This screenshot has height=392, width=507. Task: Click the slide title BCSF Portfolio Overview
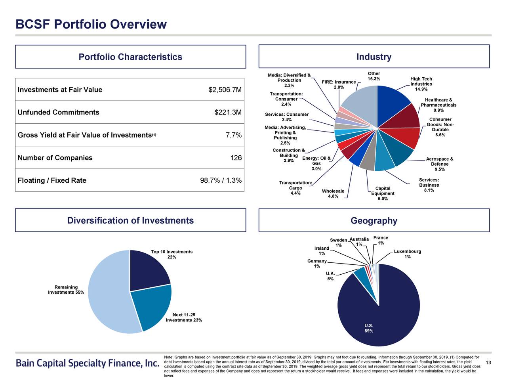tap(91, 25)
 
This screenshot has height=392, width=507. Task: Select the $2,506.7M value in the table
tap(225, 90)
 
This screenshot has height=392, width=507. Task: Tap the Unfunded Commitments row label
tap(58, 113)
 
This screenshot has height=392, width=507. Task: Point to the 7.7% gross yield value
tap(233, 135)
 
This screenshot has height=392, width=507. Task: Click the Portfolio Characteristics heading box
tap(130, 57)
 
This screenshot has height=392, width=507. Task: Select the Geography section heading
tap(374, 221)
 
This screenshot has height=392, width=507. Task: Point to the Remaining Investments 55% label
tap(66, 290)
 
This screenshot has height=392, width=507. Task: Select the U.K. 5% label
tap(330, 276)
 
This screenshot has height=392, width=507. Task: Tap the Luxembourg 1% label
tap(407, 254)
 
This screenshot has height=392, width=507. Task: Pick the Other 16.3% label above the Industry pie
tap(374, 76)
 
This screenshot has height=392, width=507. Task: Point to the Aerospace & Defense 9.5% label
tap(439, 164)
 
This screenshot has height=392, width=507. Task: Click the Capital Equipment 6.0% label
tap(383, 193)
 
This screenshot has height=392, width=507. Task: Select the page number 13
tap(488, 363)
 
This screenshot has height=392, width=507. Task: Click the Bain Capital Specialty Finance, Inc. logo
tap(87, 363)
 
